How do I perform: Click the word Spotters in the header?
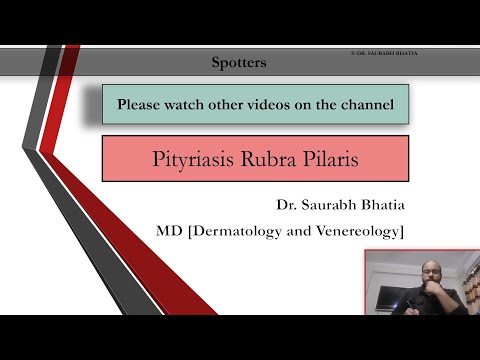[239, 62]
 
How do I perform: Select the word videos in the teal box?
[273, 103]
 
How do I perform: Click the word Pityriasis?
[193, 158]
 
